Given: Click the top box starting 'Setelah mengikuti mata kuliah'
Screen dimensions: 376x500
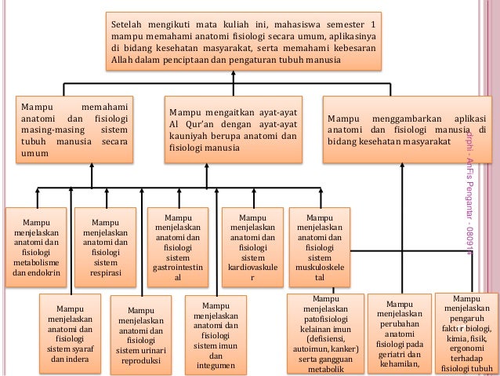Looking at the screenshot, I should tap(242, 41).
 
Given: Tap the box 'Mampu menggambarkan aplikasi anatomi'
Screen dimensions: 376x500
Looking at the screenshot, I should tap(405, 127).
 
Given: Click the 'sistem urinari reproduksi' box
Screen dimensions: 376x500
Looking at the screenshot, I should tap(140, 334).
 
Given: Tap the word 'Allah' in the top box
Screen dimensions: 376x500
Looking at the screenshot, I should tap(125, 60).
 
